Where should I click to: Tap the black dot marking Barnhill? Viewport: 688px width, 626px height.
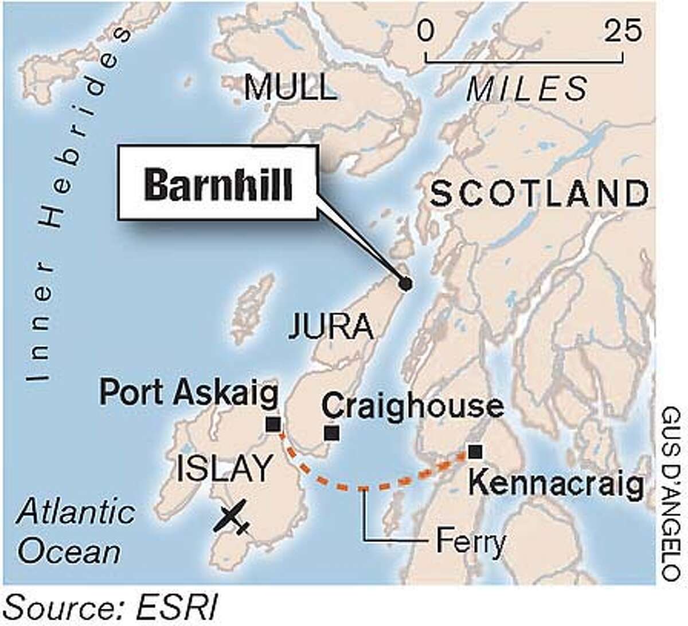click(x=405, y=283)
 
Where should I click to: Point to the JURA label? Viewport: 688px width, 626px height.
click(x=331, y=327)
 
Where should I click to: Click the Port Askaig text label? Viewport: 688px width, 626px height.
click(x=189, y=395)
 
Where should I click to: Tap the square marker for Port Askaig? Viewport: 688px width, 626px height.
click(x=273, y=424)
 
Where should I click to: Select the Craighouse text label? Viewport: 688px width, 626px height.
click(x=413, y=406)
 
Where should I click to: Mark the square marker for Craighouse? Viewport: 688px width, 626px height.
click(x=331, y=433)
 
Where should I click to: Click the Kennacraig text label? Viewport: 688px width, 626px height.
click(x=555, y=485)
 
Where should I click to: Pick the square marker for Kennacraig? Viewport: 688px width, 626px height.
click(x=474, y=452)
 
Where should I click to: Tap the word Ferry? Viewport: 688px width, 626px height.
click(x=470, y=541)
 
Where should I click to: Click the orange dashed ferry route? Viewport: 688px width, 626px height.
click(x=363, y=488)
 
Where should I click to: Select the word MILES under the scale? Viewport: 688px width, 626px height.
click(x=527, y=89)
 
